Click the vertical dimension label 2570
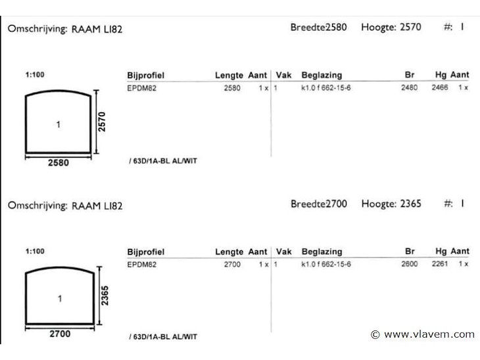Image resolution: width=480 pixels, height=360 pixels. (102, 122)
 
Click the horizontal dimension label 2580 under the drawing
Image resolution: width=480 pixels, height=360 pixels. (58, 163)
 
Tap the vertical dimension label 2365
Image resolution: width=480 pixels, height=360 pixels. (105, 296)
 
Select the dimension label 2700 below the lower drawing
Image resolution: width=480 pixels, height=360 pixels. (60, 334)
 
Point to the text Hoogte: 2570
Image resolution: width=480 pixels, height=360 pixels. (391, 27)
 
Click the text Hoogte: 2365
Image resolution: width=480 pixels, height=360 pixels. (391, 204)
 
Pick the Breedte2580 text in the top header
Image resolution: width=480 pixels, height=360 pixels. (319, 27)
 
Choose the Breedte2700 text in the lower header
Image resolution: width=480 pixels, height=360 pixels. (319, 204)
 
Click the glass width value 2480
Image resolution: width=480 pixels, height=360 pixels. (409, 88)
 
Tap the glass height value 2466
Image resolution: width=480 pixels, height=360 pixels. (440, 88)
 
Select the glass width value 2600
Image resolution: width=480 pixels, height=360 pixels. (410, 264)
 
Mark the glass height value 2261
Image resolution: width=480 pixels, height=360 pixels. (440, 264)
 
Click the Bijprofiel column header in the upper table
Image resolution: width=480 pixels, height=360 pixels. (146, 76)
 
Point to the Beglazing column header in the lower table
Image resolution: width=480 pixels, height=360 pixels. (322, 252)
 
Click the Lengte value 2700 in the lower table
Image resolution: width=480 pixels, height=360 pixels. (232, 264)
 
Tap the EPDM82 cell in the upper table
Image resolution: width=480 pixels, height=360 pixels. (142, 88)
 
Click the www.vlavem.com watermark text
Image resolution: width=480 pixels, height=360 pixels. (429, 334)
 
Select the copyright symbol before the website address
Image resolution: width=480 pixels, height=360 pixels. (375, 334)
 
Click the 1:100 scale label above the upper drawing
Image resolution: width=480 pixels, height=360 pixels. (35, 75)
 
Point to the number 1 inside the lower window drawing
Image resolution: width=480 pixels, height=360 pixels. (60, 298)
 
